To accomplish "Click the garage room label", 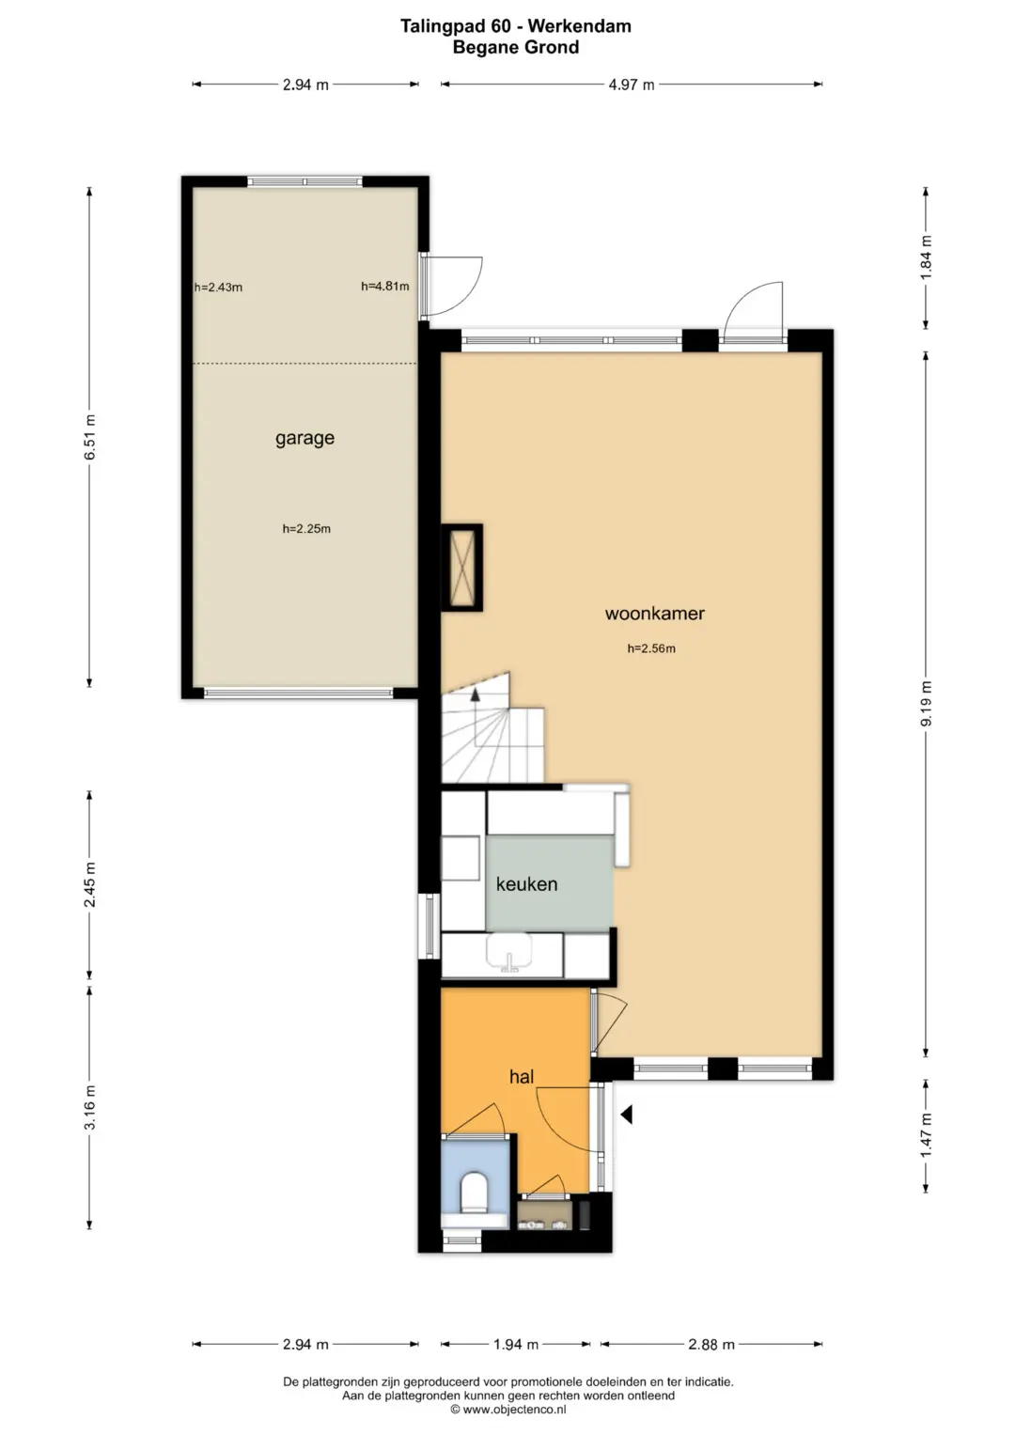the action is coord(305,438).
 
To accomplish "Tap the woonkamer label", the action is coord(655,613).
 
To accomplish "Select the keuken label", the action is coord(526,884).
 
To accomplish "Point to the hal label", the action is coord(522,1077).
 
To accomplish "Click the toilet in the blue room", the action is coord(475,1193).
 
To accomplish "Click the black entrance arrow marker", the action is coord(627,1115).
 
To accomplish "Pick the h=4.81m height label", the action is coord(385,287).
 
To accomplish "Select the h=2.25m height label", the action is coord(307,528).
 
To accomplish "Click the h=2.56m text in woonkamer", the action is coord(651,648).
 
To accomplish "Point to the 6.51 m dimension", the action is coord(90,438).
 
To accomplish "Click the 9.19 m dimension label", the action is coord(927,704).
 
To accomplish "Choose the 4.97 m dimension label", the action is coord(632,85).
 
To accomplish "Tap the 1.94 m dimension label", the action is coord(516,1344).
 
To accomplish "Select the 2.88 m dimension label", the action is coord(711,1344).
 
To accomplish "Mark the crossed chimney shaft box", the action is coord(462,568).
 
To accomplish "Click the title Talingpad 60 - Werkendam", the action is coord(516,26).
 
